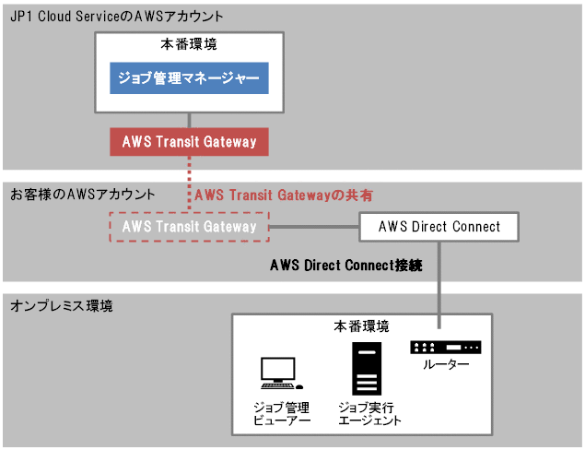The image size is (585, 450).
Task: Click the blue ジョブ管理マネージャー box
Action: point(189,78)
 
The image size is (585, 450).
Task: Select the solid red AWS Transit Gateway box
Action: point(189,142)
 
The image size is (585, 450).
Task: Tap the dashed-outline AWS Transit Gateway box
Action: point(189,227)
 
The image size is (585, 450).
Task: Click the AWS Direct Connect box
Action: point(439,227)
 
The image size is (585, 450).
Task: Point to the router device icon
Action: point(446,348)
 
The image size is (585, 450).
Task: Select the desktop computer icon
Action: point(278,373)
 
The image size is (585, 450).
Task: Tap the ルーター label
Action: point(446,365)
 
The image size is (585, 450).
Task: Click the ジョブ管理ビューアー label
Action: point(282,413)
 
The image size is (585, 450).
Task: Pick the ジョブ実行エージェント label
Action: point(369,413)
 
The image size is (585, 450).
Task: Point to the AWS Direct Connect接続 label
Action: point(345,266)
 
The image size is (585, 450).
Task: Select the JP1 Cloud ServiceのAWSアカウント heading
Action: point(117,17)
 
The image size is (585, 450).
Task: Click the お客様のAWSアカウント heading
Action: point(82,195)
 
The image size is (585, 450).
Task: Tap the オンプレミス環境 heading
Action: point(60,305)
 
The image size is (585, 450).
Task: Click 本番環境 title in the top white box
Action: point(189,43)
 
